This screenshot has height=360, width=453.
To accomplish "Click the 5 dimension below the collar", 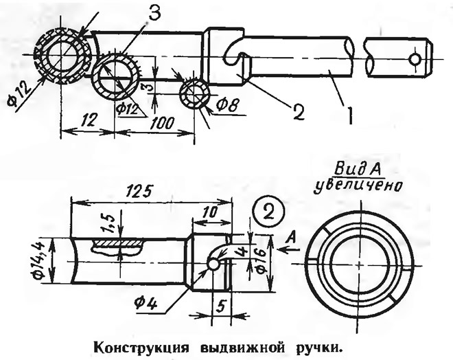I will click(218, 304).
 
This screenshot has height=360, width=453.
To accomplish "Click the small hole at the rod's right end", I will click(414, 60).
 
